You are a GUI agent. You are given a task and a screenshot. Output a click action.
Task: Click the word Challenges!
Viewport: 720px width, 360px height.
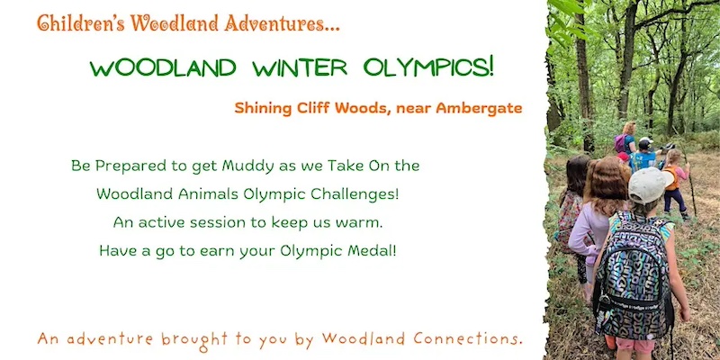pyautogui.click(x=353, y=193)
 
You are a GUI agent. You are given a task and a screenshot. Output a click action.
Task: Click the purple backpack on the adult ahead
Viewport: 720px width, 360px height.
pyautogui.click(x=619, y=143)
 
